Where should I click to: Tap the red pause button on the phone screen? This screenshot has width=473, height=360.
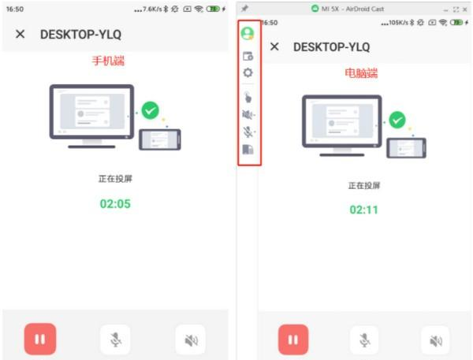[40, 339]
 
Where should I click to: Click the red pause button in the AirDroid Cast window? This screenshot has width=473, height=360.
[293, 340]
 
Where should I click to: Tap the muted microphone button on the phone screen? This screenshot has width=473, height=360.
[115, 340]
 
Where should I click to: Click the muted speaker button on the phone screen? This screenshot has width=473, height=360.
[191, 340]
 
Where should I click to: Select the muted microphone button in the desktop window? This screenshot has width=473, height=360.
[364, 340]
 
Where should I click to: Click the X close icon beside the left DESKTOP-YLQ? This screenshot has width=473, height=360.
[20, 34]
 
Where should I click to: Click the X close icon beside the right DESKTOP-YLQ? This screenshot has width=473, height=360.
[274, 46]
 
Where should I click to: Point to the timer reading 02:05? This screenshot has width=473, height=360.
[115, 204]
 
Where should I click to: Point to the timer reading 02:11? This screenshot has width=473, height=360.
[363, 210]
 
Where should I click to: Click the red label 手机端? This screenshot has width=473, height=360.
[108, 61]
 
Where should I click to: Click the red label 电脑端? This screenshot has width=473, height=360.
[361, 73]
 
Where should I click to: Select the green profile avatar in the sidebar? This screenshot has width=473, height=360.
[248, 33]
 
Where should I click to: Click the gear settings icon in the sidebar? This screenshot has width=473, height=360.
[248, 72]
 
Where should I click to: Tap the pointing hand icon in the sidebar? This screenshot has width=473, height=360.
[248, 97]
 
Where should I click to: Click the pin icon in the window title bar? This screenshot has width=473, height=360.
[244, 9]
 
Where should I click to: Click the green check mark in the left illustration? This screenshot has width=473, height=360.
[151, 110]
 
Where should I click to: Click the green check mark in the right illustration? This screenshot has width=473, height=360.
[397, 120]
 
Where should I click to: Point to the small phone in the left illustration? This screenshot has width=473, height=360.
[160, 139]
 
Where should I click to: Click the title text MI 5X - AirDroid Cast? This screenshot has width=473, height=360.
[352, 9]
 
